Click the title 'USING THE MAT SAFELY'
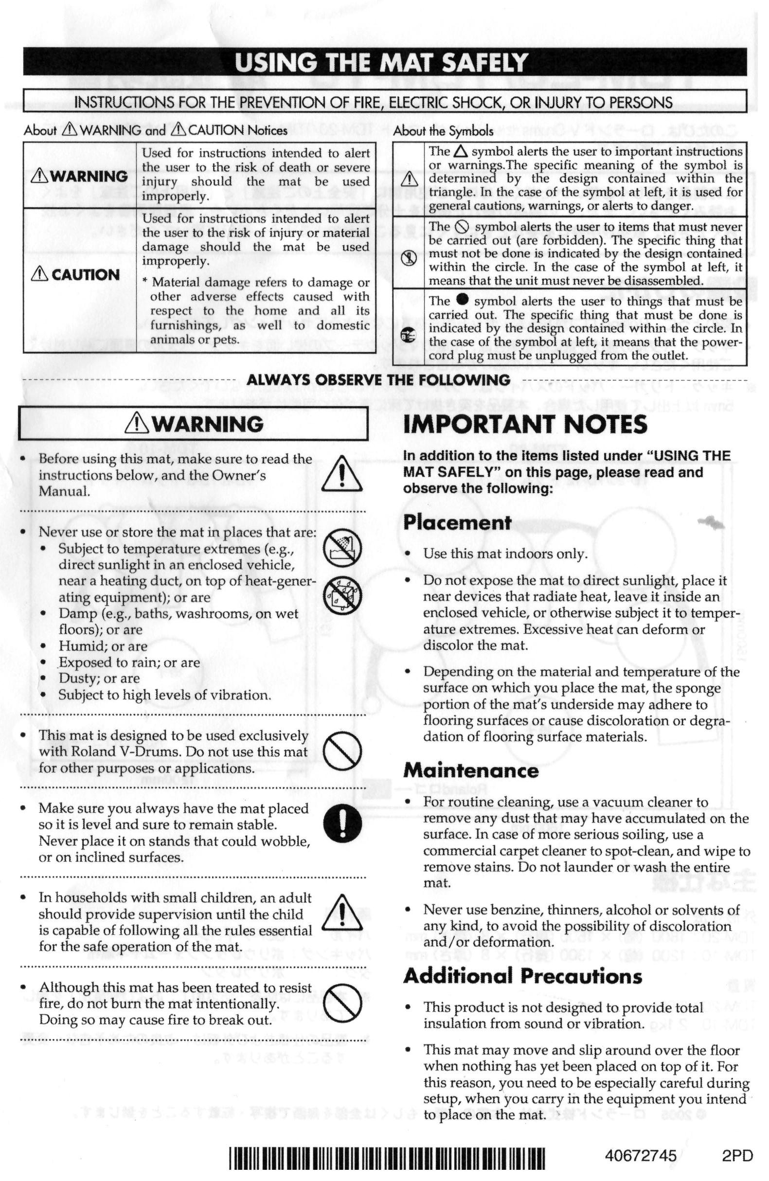381,63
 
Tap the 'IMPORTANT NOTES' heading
525,424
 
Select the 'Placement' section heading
457,522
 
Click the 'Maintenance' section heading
471,770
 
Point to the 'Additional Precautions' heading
522,976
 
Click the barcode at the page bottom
387,1158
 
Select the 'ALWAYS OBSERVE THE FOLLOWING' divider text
378,380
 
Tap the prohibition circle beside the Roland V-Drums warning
342,751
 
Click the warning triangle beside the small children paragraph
342,913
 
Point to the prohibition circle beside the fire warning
342,1002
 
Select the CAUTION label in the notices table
76,275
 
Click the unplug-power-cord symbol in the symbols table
408,336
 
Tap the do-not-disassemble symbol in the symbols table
408,259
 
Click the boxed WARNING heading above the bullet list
194,424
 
